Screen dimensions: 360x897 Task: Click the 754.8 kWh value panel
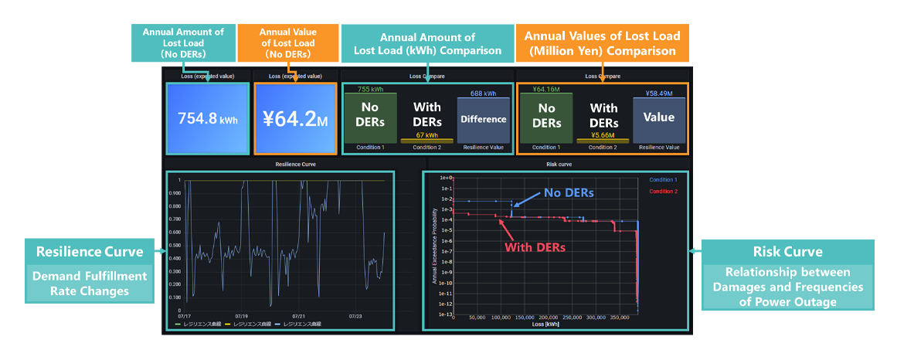click(x=206, y=120)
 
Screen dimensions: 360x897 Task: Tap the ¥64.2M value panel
click(x=294, y=120)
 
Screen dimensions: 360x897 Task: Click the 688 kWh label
click(x=483, y=93)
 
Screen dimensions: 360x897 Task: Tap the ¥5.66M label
click(x=603, y=134)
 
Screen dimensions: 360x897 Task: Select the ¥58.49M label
click(x=659, y=93)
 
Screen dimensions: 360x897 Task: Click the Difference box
click(x=483, y=119)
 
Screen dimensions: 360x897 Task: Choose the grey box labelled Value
click(x=659, y=118)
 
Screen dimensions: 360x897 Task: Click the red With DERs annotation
click(x=535, y=247)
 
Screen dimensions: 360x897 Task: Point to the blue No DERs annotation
click(x=569, y=192)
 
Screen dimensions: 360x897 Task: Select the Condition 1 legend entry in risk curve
click(x=664, y=180)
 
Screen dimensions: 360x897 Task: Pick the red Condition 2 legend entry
click(x=664, y=191)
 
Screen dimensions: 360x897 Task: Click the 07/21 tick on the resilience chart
click(x=298, y=316)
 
